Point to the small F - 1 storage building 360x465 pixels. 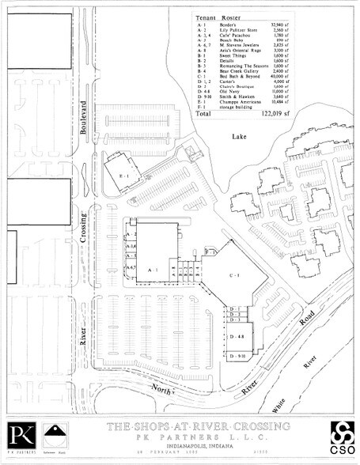click(210, 251)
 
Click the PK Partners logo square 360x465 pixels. click(19, 437)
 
